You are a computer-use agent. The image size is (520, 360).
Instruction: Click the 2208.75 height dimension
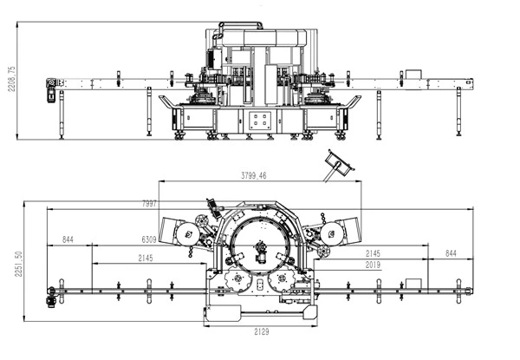pyautogui.click(x=11, y=79)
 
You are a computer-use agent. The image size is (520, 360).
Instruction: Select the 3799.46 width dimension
pyautogui.click(x=253, y=175)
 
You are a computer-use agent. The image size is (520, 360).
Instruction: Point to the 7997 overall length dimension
pyautogui.click(x=149, y=203)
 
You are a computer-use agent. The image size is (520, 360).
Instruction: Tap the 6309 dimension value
pyautogui.click(x=149, y=239)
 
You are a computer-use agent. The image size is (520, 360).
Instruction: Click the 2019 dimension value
pyautogui.click(x=373, y=265)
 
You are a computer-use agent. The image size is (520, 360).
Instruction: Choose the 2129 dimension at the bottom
pyautogui.click(x=262, y=331)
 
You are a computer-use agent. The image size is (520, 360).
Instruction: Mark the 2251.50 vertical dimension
pyautogui.click(x=18, y=264)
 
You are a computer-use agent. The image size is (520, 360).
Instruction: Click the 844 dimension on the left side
pyautogui.click(x=68, y=239)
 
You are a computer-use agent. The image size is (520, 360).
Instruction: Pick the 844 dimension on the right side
pyautogui.click(x=451, y=253)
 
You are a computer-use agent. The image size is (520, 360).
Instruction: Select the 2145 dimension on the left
pyautogui.click(x=146, y=258)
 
